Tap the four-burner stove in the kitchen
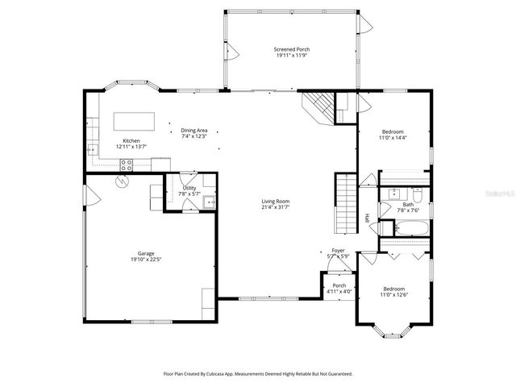point(127,164)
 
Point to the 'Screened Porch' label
point(292,50)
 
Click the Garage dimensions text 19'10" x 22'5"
point(146,260)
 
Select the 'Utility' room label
point(189,188)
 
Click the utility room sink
point(209,202)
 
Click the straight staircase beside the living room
point(346,202)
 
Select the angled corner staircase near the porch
point(317,106)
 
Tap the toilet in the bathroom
point(418,197)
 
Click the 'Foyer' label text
point(338,251)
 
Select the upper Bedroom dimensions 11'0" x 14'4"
point(393,138)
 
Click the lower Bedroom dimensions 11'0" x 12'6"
point(393,294)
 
